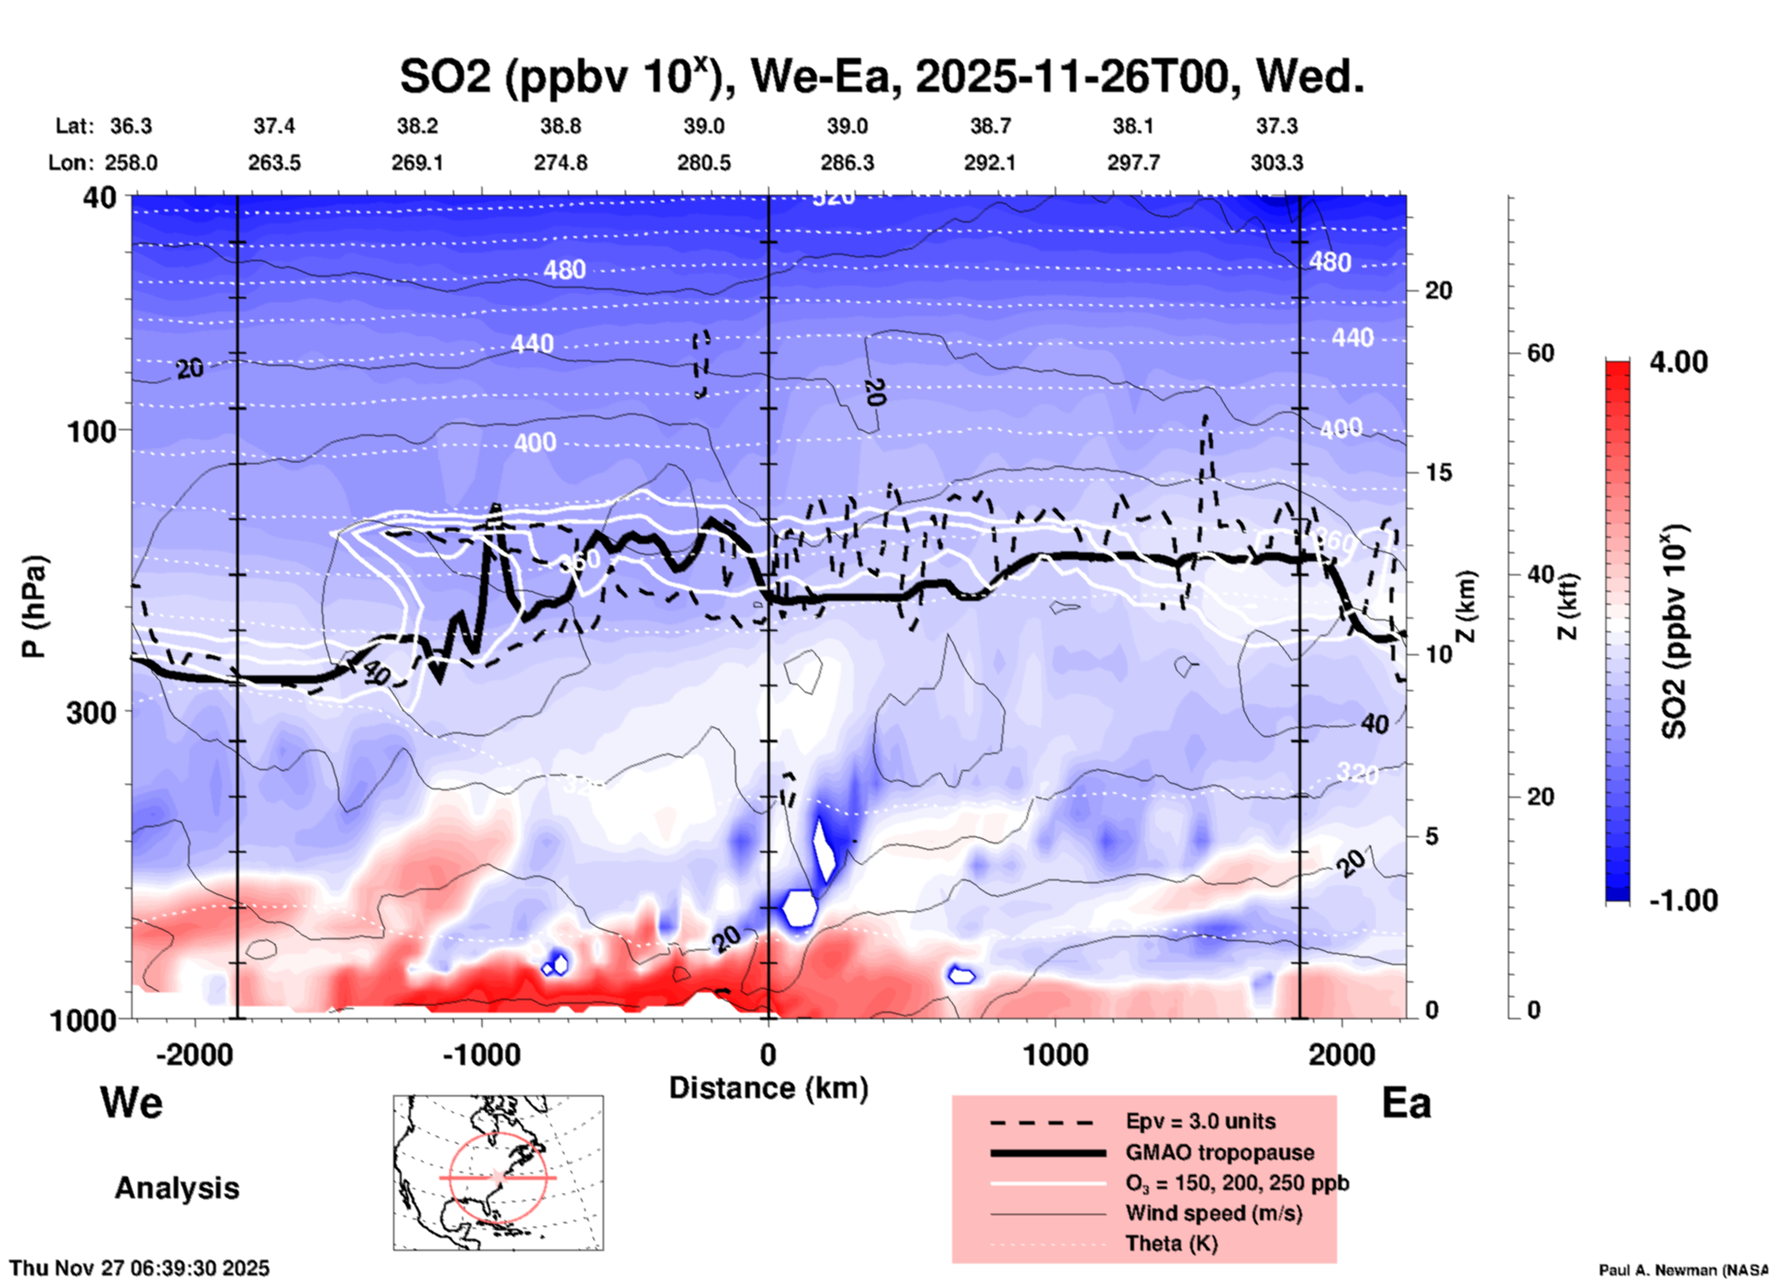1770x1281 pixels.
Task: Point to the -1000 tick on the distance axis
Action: point(481,1054)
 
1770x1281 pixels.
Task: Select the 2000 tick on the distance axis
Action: point(1342,1054)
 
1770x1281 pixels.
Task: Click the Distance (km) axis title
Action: point(768,1088)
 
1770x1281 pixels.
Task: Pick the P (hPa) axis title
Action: point(34,606)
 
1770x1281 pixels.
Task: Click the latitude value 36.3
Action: point(130,126)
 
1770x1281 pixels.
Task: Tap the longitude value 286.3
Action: point(846,163)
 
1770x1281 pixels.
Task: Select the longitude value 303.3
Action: point(1276,163)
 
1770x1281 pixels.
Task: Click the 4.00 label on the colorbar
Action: point(1678,361)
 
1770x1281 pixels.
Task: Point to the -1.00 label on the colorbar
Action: point(1683,900)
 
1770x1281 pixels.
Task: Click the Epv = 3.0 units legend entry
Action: point(1200,1121)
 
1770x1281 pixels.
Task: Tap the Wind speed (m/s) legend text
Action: point(1213,1213)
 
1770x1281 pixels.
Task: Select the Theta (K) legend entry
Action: point(1171,1243)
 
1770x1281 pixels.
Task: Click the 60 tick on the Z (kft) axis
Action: point(1540,353)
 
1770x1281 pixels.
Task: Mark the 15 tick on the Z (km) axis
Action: point(1438,472)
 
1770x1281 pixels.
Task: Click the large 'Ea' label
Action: point(1406,1103)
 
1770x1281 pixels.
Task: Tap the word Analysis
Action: point(176,1187)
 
